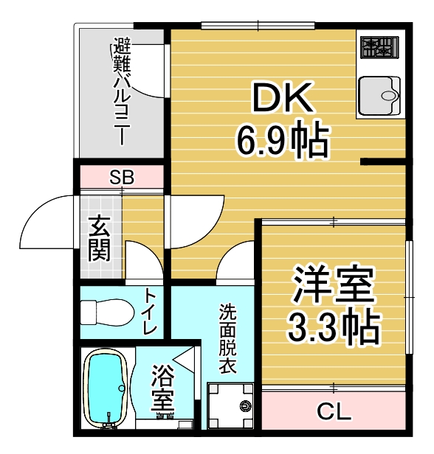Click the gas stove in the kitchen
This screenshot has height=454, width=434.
[x=379, y=47]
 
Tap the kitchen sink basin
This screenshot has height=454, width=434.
[x=379, y=96]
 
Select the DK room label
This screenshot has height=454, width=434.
[x=283, y=97]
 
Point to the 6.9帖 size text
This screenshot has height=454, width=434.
[x=283, y=142]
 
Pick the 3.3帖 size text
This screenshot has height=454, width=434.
[x=334, y=327]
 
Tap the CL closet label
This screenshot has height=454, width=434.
[x=334, y=411]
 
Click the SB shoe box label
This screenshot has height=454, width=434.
[x=122, y=177]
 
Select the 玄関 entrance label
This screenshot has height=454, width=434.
[x=100, y=238]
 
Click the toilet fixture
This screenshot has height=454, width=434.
[x=107, y=312]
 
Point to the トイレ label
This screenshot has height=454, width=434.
[x=149, y=310]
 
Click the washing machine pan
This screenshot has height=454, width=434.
[x=230, y=406]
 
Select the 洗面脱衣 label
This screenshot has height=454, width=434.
[x=227, y=338]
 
